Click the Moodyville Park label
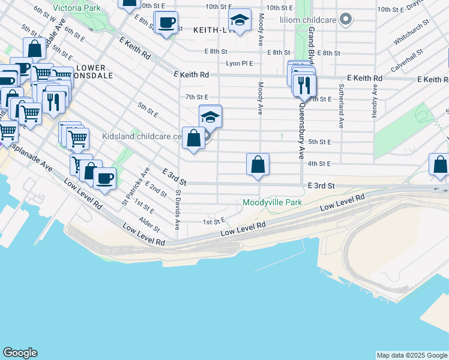click(x=272, y=203)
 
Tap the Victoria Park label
click(x=76, y=8)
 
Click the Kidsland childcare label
click(x=142, y=137)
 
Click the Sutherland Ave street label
click(x=340, y=114)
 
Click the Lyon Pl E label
click(x=239, y=63)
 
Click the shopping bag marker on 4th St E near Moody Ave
click(x=258, y=164)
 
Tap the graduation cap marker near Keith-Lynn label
click(x=240, y=21)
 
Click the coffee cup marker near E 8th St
click(x=166, y=23)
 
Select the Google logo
click(x=20, y=353)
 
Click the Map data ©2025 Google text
click(x=411, y=355)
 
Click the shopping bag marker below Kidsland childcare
click(x=193, y=139)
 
